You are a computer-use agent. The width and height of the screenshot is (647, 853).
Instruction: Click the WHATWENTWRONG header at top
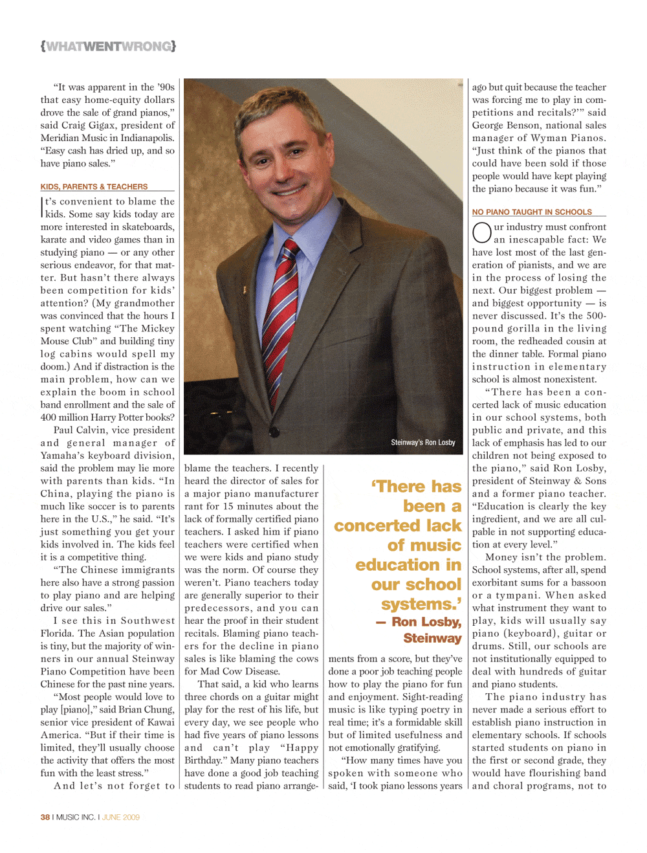pyautogui.click(x=108, y=46)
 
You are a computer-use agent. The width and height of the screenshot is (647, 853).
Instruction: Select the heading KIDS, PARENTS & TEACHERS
pyautogui.click(x=94, y=186)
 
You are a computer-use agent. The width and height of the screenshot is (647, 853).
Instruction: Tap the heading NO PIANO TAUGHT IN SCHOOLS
pyautogui.click(x=532, y=212)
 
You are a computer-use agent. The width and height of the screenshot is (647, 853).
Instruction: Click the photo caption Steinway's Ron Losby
pyautogui.click(x=422, y=443)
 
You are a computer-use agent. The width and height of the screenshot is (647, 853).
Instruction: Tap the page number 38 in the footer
pyautogui.click(x=45, y=817)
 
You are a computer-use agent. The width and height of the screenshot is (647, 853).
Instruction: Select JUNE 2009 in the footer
pyautogui.click(x=120, y=817)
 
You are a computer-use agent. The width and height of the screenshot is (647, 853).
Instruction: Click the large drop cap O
pyautogui.click(x=482, y=232)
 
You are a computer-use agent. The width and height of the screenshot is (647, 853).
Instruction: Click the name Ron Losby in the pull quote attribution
pyautogui.click(x=426, y=622)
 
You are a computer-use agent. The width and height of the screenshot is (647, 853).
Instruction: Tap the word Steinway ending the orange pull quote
pyautogui.click(x=432, y=638)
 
